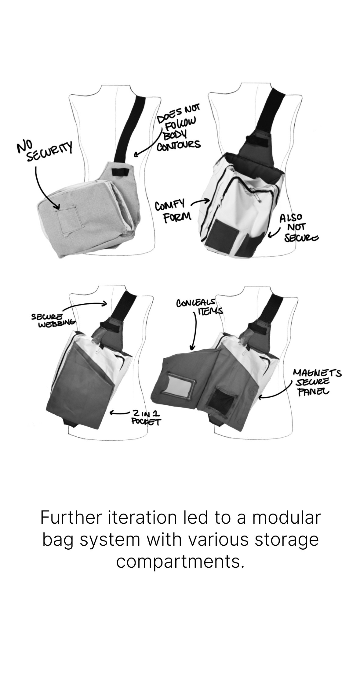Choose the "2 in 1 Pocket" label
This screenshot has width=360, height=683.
tap(146, 417)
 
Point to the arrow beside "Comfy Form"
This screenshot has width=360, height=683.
tap(200, 202)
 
